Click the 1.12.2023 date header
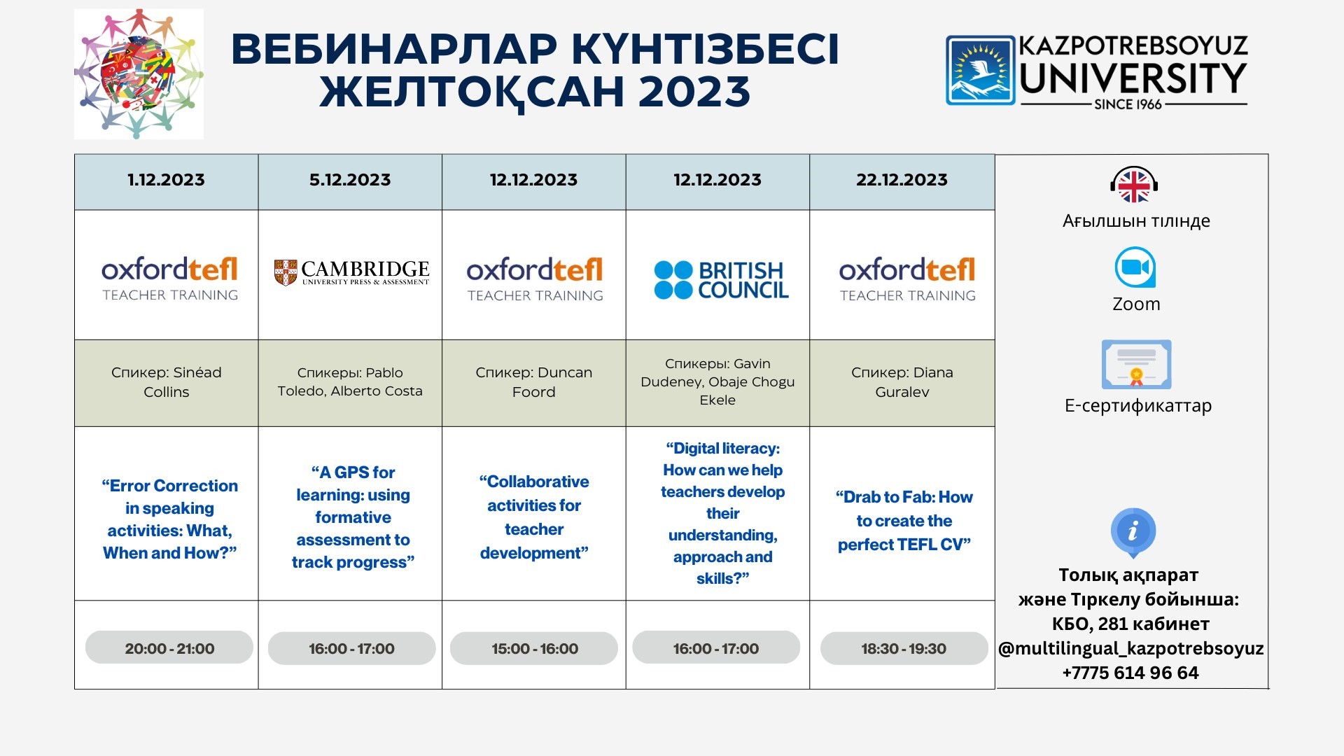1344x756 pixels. pos(166,180)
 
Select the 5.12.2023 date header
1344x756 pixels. pos(350,180)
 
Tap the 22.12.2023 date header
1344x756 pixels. pos(902,180)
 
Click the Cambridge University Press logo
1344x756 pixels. pos(351,272)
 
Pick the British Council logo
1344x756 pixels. pos(721,280)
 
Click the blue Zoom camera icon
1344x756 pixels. pos(1135,267)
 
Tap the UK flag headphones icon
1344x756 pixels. pos(1134,185)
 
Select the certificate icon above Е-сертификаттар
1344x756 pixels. pos(1136,365)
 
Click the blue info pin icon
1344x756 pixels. pos(1133,532)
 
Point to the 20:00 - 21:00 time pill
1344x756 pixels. pos(169,647)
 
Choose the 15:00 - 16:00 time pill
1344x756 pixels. pos(534,648)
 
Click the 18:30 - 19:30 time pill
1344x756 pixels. pos(904,648)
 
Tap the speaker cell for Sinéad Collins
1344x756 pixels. pos(167,383)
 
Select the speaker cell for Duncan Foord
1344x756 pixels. pos(534,383)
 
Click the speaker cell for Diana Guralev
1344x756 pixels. pos(902,383)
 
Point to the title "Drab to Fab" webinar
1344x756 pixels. pos(904,521)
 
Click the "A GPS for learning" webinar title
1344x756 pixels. pos(353,517)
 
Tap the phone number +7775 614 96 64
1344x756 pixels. pos(1130,673)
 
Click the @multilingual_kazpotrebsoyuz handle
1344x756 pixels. pos(1131,649)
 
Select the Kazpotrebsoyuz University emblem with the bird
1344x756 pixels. pos(980,71)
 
